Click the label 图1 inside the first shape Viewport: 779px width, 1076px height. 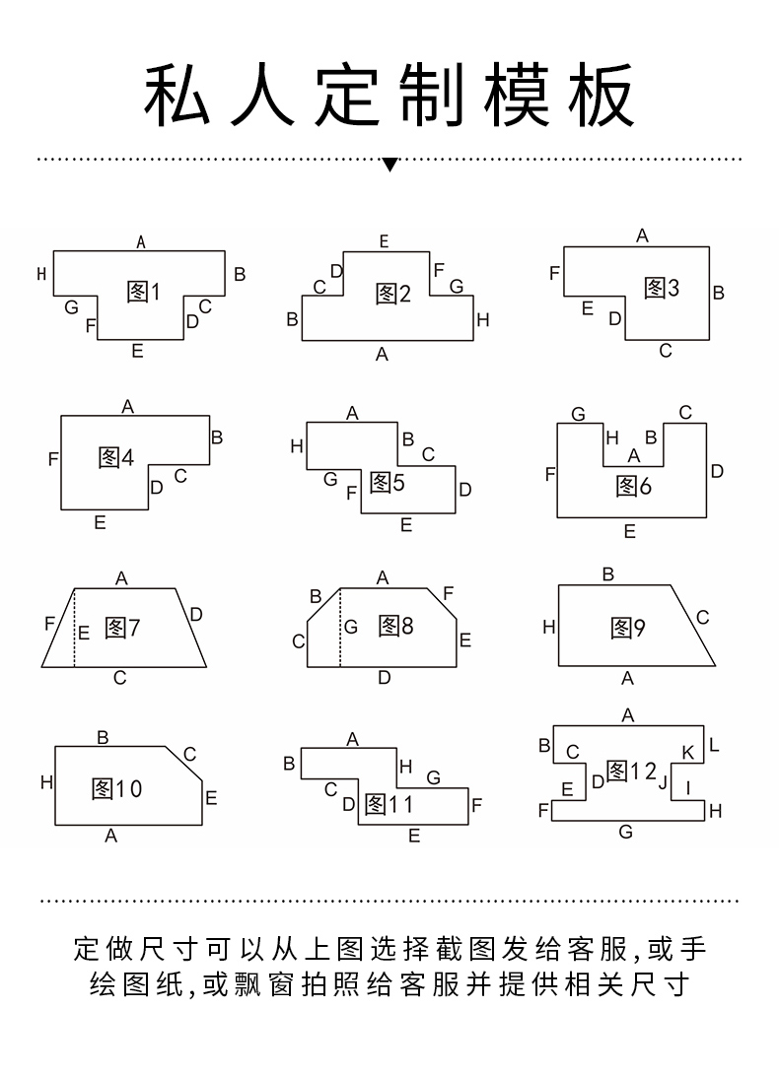(x=143, y=292)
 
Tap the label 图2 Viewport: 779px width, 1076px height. (x=392, y=294)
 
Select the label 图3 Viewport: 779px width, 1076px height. (x=662, y=289)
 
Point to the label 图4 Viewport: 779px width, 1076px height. (x=116, y=458)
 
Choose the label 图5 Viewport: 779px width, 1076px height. (x=388, y=483)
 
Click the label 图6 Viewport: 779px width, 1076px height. (x=634, y=486)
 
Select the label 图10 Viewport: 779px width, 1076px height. (x=116, y=789)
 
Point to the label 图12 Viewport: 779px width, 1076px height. (x=630, y=772)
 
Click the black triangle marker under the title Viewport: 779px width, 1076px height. (x=389, y=165)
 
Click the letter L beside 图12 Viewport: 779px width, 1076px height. (x=714, y=746)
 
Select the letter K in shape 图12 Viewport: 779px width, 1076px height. (x=688, y=754)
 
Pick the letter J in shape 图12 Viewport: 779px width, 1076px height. (x=664, y=783)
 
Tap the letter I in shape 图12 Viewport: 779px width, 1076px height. (x=688, y=786)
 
